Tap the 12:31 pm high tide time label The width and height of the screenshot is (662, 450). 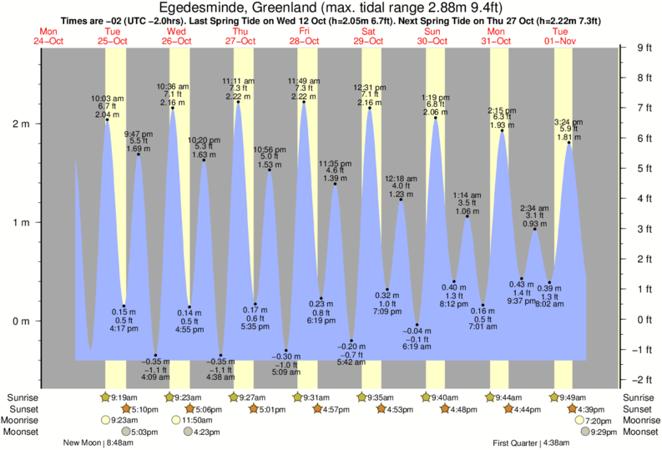pyautogui.click(x=369, y=87)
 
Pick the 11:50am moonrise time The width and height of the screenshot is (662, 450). pyautogui.click(x=192, y=420)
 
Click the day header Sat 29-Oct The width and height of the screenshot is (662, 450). pyautogui.click(x=368, y=34)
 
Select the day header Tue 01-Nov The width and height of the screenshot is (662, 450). pyautogui.click(x=560, y=34)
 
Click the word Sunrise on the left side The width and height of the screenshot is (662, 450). pyautogui.click(x=21, y=397)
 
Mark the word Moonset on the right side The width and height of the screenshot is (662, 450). pyautogui.click(x=638, y=432)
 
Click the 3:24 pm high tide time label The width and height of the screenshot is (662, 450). pyautogui.click(x=569, y=122)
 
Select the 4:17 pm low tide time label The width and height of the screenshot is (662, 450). pyautogui.click(x=124, y=329)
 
